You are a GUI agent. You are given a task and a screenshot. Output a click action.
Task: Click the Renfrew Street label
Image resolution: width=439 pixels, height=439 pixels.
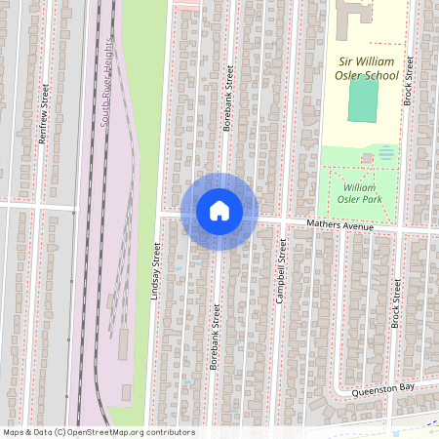click(43, 114)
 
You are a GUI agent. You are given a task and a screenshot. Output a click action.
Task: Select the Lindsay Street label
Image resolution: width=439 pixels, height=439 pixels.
click(155, 271)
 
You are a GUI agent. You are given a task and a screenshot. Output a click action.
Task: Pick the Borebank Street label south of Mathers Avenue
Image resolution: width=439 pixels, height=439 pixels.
click(215, 337)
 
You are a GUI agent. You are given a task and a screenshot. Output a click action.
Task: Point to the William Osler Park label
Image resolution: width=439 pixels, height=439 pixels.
click(360, 192)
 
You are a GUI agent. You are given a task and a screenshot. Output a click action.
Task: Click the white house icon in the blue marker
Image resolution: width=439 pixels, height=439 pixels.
click(219, 211)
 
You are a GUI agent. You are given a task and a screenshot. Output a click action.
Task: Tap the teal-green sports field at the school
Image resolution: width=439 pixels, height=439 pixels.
click(363, 99)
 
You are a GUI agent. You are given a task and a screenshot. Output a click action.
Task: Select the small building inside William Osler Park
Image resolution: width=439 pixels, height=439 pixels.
click(367, 157)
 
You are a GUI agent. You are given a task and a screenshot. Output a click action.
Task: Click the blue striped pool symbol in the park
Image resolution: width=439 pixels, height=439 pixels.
click(386, 152)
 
